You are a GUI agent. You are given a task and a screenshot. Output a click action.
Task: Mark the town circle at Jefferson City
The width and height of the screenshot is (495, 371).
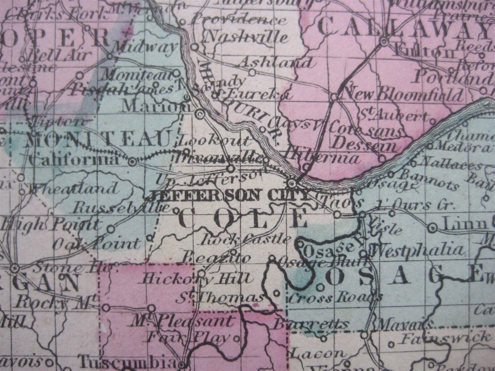click(292, 182)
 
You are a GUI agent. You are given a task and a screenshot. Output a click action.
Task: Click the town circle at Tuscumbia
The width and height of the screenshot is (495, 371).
click(183, 363)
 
